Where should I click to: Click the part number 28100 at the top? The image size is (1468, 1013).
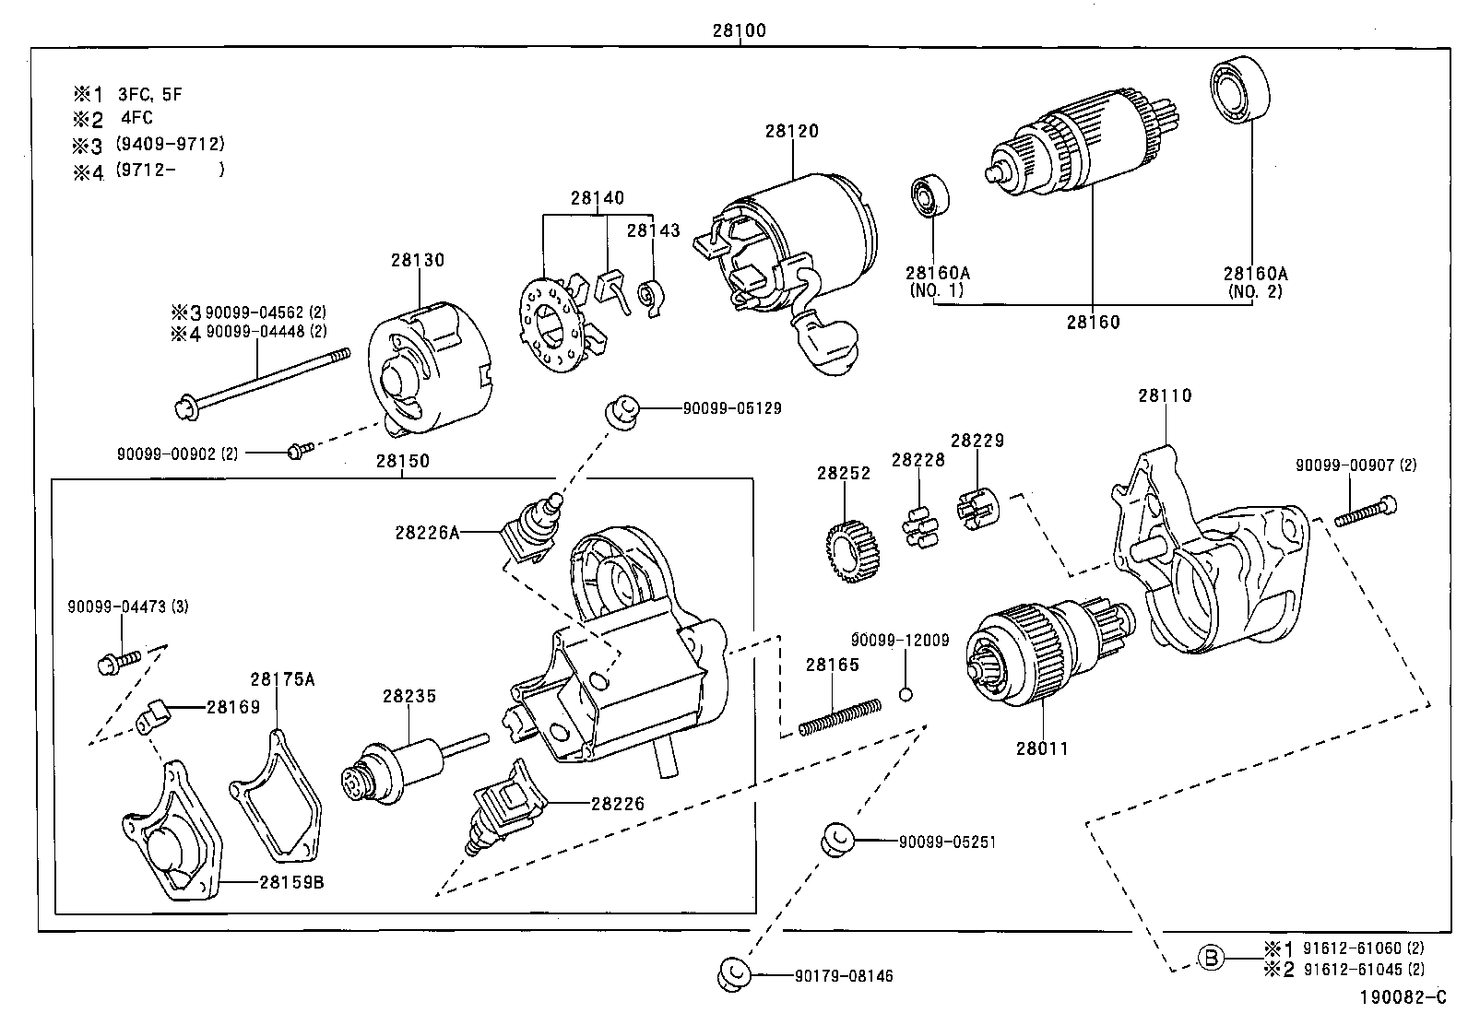click(739, 30)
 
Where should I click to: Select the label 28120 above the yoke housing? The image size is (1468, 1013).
click(791, 131)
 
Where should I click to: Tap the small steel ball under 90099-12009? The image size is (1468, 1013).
click(906, 694)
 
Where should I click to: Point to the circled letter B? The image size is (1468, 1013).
click(1212, 958)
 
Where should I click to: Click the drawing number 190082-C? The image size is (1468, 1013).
click(1401, 997)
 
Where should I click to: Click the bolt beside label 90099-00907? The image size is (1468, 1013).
click(1363, 511)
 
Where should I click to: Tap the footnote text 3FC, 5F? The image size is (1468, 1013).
click(156, 93)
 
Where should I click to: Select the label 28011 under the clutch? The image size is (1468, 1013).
click(1042, 748)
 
